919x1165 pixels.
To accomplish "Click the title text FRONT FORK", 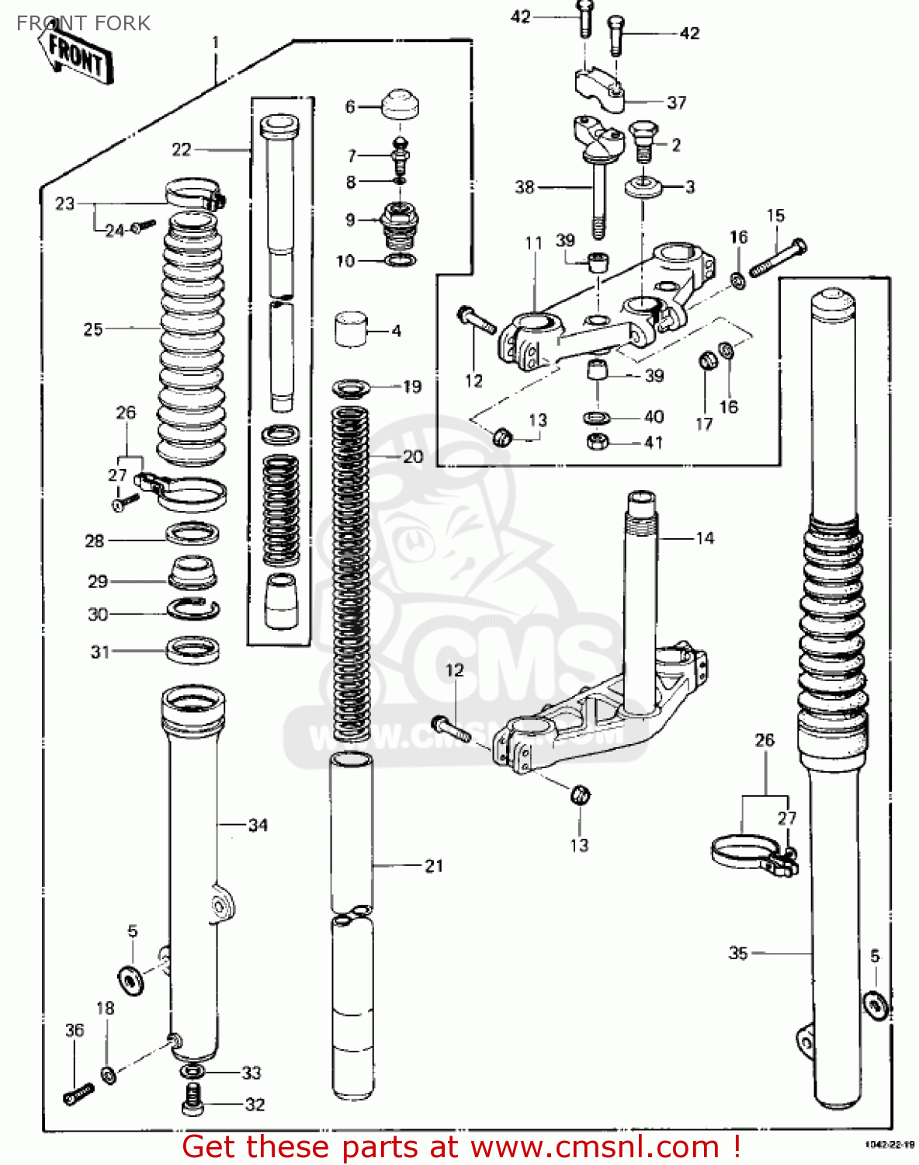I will [83, 23].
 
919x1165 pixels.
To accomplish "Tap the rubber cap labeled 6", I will [401, 103].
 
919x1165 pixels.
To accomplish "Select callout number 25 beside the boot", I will [93, 329].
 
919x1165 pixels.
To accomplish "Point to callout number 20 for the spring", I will [412, 457].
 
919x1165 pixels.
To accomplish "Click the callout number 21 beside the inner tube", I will [433, 865].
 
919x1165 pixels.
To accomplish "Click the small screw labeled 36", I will [78, 1094].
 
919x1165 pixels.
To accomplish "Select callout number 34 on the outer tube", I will [258, 825].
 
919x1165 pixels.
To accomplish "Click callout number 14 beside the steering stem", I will [704, 538].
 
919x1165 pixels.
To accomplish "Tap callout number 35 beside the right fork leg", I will [737, 952].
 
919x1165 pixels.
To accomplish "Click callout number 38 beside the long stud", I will [525, 187].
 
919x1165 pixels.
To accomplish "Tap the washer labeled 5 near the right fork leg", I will [877, 1005].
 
